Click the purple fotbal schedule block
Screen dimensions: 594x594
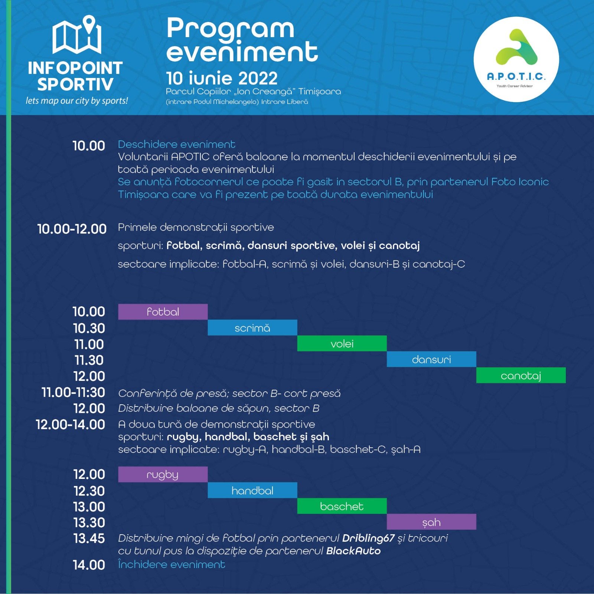[x=163, y=311]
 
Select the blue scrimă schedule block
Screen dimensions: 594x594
[x=252, y=327]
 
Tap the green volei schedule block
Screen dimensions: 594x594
[x=342, y=343]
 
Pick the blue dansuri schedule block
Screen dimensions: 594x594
[x=431, y=359]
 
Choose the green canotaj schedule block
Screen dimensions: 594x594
[x=521, y=375]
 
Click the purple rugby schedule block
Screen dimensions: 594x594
[x=163, y=474]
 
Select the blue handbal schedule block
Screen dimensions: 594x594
[x=252, y=490]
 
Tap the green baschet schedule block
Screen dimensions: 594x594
[x=342, y=506]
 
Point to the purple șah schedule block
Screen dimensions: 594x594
[x=431, y=522]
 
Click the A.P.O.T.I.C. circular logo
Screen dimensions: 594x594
[x=516, y=59]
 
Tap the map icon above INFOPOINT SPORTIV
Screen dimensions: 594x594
[x=77, y=35]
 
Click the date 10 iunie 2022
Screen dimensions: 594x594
[x=222, y=78]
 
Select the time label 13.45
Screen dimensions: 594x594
[x=89, y=538]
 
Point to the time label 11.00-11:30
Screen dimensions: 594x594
[x=73, y=392]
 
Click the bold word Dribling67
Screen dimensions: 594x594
[x=368, y=538]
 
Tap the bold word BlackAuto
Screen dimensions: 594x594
[x=353, y=551]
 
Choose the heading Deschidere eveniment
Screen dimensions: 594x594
[x=176, y=144]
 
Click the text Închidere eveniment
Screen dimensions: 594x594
[x=172, y=564]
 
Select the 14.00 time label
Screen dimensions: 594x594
[x=89, y=565]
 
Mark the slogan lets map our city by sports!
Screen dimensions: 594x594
[x=77, y=101]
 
